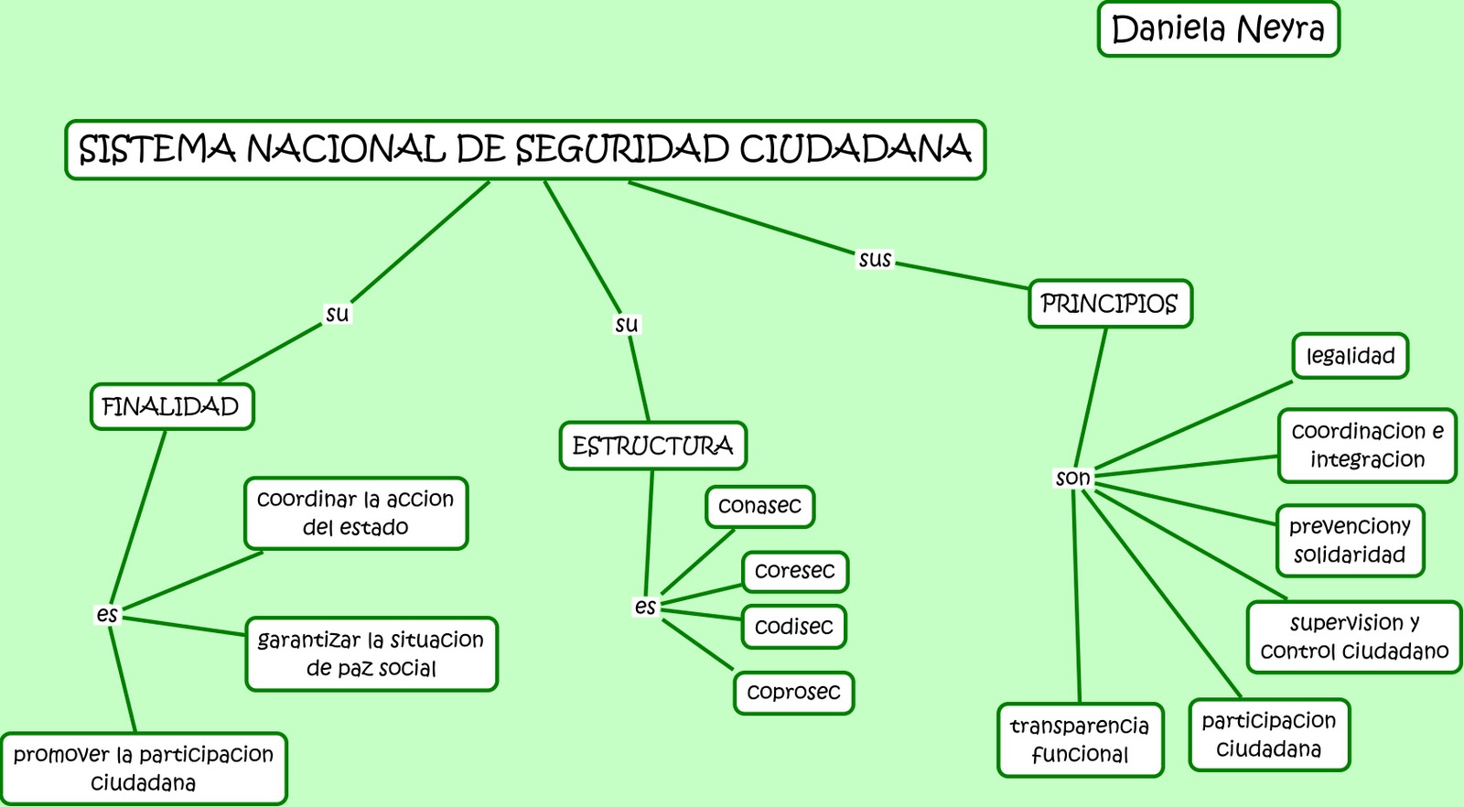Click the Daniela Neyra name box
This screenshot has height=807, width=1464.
point(1218,29)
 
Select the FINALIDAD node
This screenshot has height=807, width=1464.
point(171,407)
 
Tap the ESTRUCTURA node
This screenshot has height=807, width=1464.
point(652,447)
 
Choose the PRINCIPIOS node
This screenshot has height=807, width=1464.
point(1110,304)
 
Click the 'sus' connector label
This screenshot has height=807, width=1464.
point(875,260)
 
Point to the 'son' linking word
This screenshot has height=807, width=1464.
point(1072,478)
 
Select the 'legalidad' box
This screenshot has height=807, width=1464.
point(1350,356)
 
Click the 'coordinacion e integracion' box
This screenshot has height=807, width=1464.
point(1367,446)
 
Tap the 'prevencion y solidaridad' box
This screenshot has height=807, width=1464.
point(1350,541)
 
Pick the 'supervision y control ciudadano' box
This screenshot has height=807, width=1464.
point(1354,637)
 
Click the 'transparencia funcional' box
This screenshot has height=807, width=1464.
point(1080,740)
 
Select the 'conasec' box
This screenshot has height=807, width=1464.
point(759,506)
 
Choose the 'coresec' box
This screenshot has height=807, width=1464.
point(794,571)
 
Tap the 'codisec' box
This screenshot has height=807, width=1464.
point(793,627)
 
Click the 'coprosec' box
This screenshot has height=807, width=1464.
point(793,693)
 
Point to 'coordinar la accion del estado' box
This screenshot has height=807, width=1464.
point(355,513)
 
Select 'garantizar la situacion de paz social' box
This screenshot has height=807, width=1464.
point(371,654)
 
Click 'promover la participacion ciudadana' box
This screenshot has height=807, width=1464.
point(144,769)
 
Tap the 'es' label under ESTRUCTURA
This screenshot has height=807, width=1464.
point(645,607)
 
